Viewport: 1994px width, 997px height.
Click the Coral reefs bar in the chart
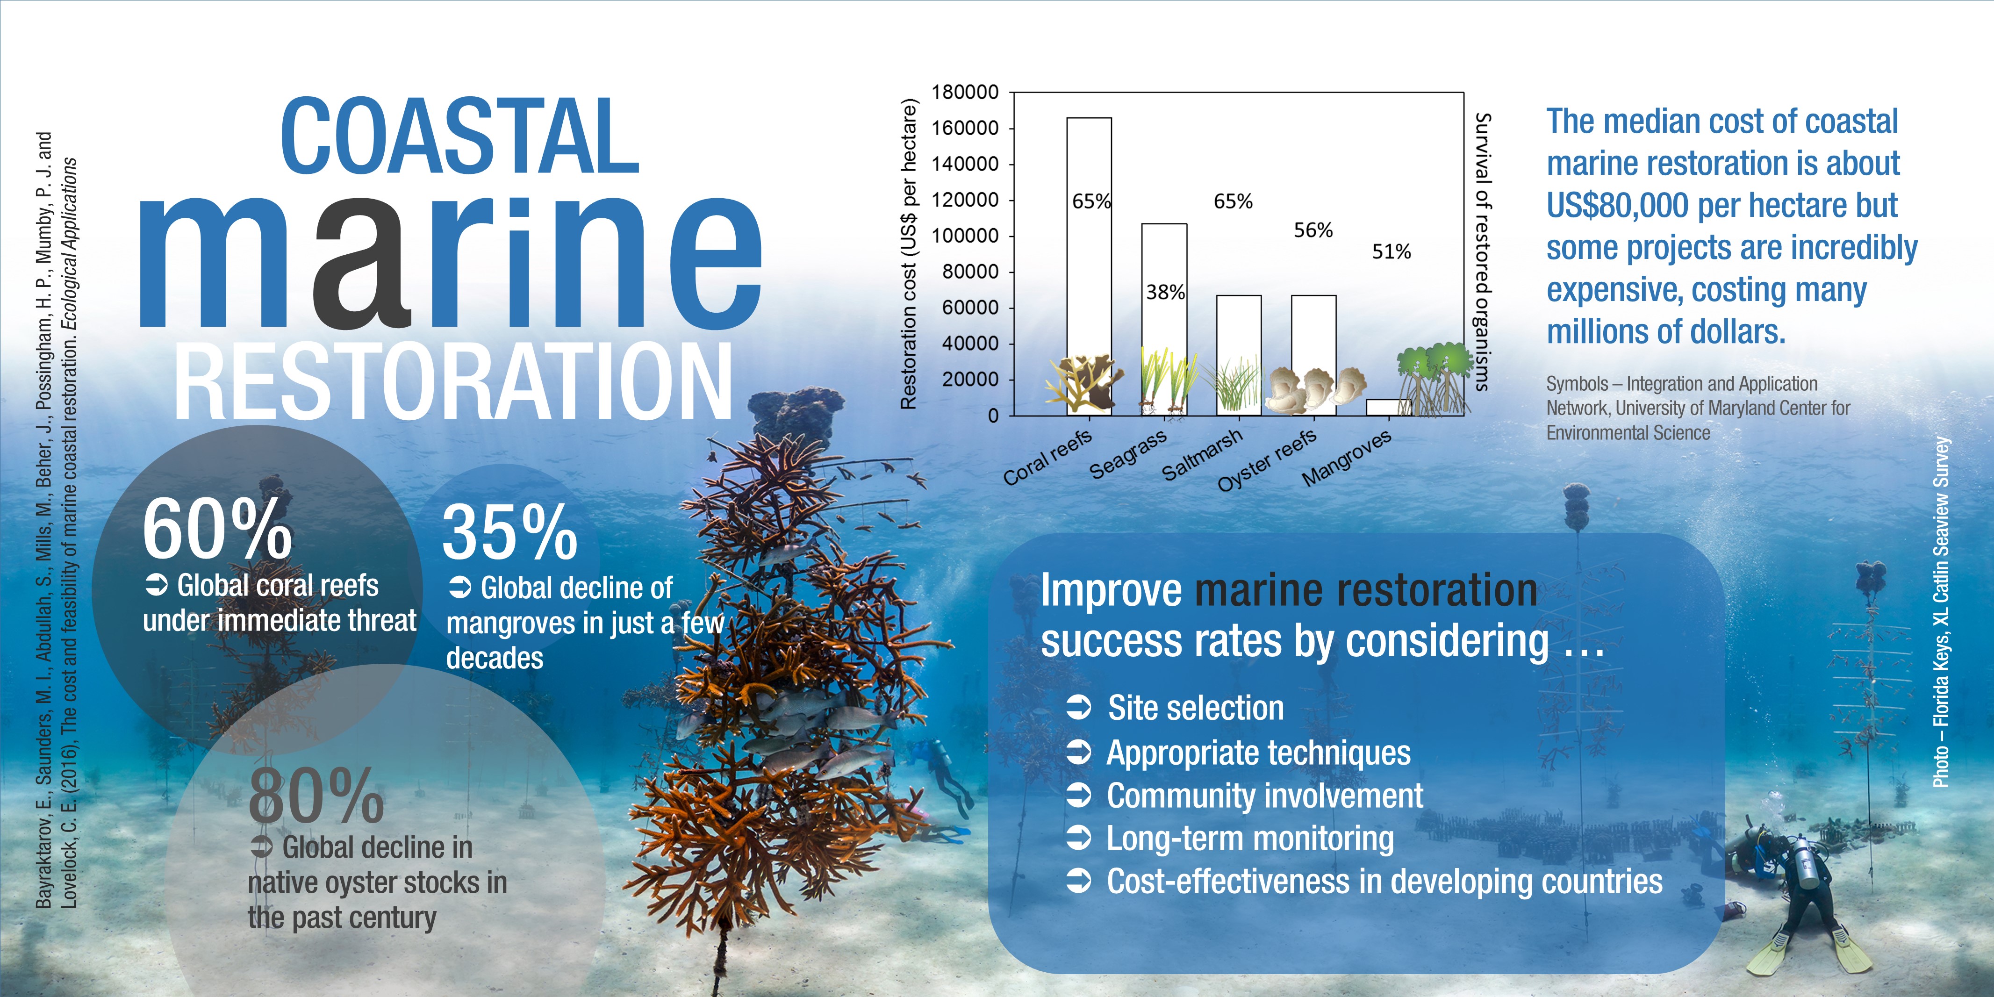[x=1089, y=266]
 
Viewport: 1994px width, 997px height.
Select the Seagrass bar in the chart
[x=1164, y=320]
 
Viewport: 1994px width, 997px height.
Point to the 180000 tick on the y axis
[x=964, y=92]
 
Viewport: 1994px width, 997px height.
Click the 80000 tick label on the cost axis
[x=970, y=272]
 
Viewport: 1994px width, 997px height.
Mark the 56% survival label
[x=1313, y=230]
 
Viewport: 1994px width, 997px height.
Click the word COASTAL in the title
[x=460, y=137]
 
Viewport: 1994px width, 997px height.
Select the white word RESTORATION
[x=453, y=381]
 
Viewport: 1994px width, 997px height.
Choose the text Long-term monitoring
[x=1250, y=839]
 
